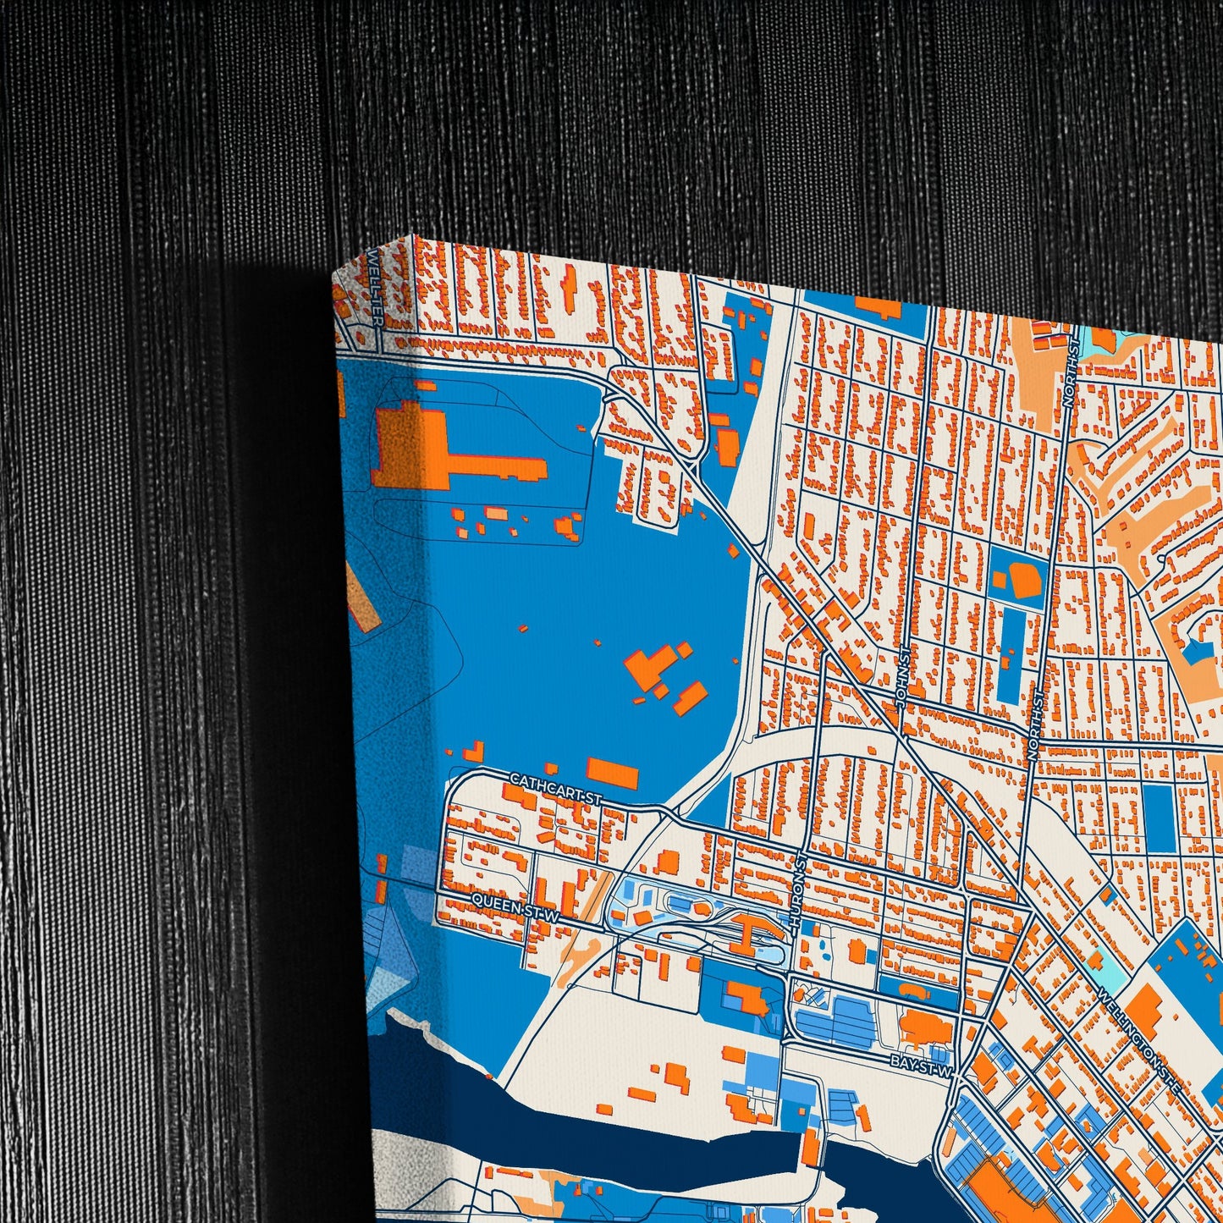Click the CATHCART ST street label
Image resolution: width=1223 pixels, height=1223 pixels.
tap(554, 788)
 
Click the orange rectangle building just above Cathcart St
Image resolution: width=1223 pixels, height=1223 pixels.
tap(612, 772)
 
